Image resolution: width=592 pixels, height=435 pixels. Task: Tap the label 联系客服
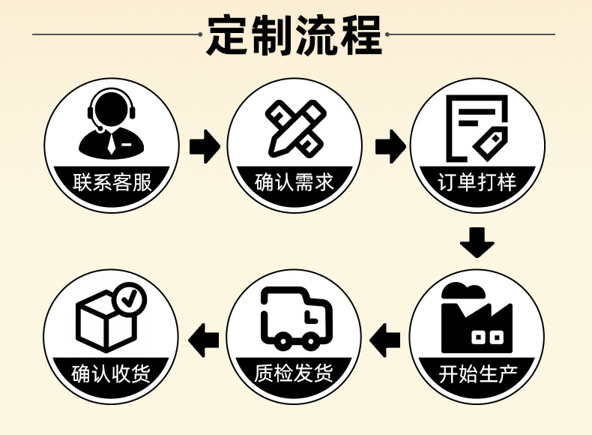pyautogui.click(x=112, y=182)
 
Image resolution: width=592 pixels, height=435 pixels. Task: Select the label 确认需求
pyautogui.click(x=295, y=182)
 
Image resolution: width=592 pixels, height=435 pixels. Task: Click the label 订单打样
pyautogui.click(x=477, y=182)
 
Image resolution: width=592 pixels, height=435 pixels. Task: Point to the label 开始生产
pyautogui.click(x=477, y=373)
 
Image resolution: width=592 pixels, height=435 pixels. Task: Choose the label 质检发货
pyautogui.click(x=295, y=373)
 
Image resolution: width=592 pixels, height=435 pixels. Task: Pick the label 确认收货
pyautogui.click(x=112, y=373)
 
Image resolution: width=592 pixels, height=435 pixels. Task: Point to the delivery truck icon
pyautogui.click(x=295, y=318)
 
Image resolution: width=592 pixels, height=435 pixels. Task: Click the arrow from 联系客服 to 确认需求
pyautogui.click(x=203, y=146)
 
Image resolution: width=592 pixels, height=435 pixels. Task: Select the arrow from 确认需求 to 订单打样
pyautogui.click(x=387, y=146)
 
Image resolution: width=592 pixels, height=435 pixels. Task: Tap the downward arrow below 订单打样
pyautogui.click(x=477, y=242)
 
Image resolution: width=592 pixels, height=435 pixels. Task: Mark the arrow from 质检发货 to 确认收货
pyautogui.click(x=203, y=340)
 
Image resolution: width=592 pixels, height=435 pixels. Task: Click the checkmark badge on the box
pyautogui.click(x=132, y=298)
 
